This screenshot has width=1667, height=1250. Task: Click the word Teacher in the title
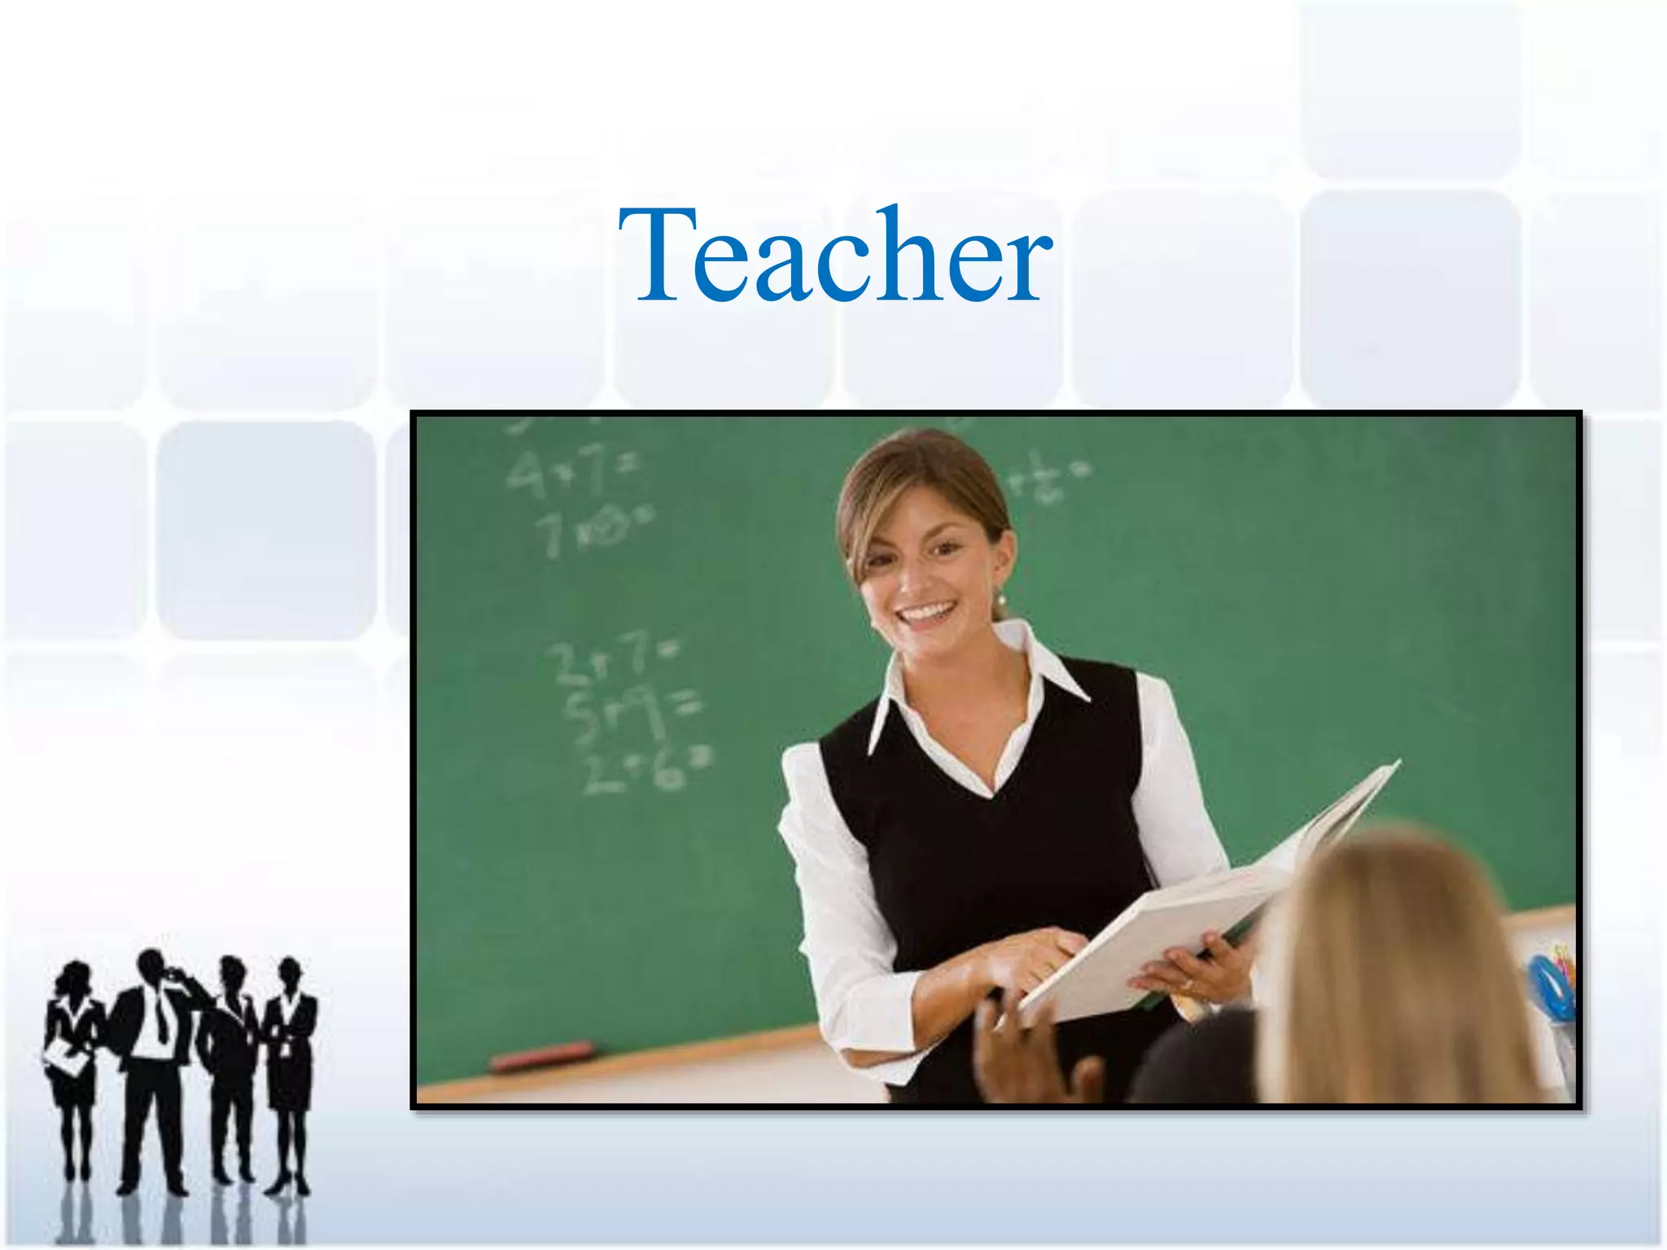(835, 256)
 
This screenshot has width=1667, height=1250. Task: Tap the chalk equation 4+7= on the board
(570, 472)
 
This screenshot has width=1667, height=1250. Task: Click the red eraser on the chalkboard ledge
(541, 1056)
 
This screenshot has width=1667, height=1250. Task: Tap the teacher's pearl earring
(1000, 601)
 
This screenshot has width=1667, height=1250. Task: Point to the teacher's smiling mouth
(928, 611)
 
